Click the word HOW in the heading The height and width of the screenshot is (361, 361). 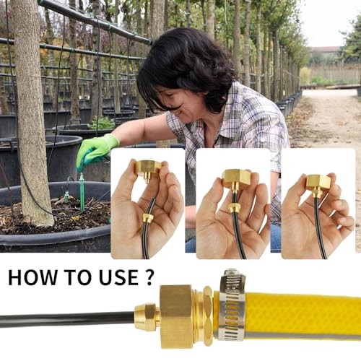pos(32,277)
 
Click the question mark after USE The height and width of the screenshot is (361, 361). pos(149,277)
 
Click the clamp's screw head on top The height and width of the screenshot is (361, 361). pos(231,273)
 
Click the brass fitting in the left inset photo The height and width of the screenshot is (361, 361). pos(148,169)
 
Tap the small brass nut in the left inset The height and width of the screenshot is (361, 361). pos(148,217)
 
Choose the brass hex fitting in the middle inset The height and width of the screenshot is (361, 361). pos(236,179)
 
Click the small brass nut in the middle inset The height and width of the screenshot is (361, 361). pos(234,208)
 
